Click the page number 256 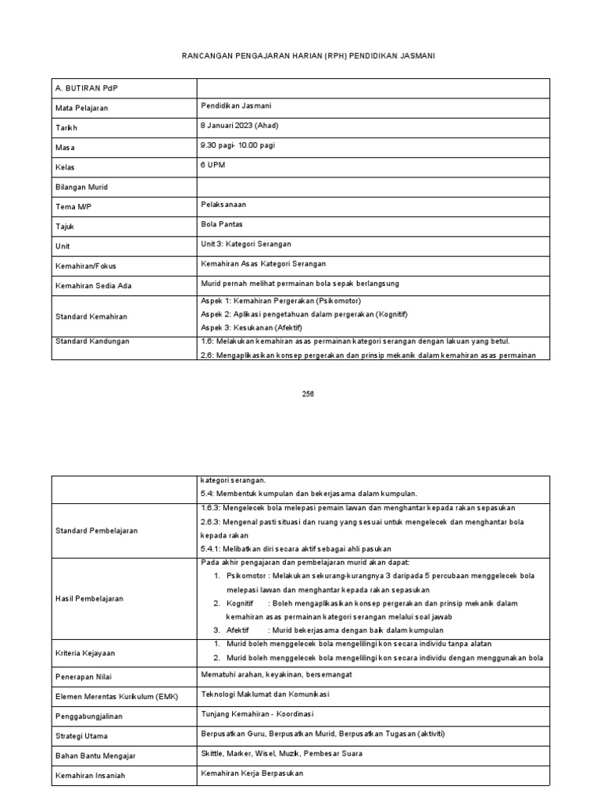308,394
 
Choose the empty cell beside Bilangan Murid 375,187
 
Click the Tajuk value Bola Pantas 222,224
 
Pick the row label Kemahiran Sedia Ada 93,286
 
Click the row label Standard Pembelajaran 96,530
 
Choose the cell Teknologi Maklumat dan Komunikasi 266,694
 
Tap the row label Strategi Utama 81,736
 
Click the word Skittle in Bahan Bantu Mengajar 212,753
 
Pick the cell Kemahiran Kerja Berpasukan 252,773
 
